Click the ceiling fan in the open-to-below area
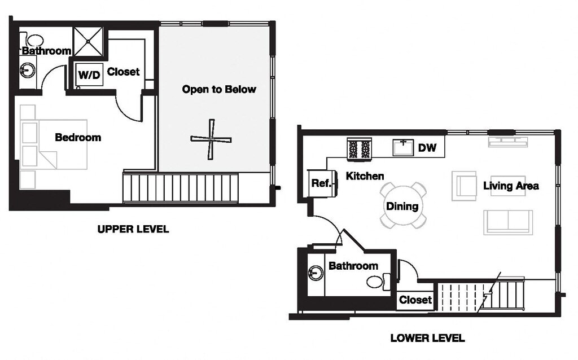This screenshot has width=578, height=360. point(211,139)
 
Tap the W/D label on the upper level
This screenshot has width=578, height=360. point(89,75)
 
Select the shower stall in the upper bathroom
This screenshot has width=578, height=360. point(88,42)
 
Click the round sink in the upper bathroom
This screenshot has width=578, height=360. point(28,70)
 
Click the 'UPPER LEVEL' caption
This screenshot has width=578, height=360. point(133,229)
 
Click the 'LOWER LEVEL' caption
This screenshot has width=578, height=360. point(428,338)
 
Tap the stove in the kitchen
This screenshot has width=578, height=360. point(359,149)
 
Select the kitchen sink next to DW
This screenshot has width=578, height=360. point(403,147)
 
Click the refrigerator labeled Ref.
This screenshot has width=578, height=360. point(322,183)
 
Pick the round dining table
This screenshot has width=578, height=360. point(403,205)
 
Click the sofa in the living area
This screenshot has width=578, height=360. point(508,222)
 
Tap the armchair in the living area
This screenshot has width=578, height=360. point(464,186)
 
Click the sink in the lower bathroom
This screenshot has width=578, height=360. point(316,274)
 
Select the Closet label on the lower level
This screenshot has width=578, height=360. point(415,300)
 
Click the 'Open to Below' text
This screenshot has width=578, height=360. point(219,89)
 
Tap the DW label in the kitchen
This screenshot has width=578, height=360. point(427,148)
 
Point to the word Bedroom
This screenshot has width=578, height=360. point(78,138)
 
